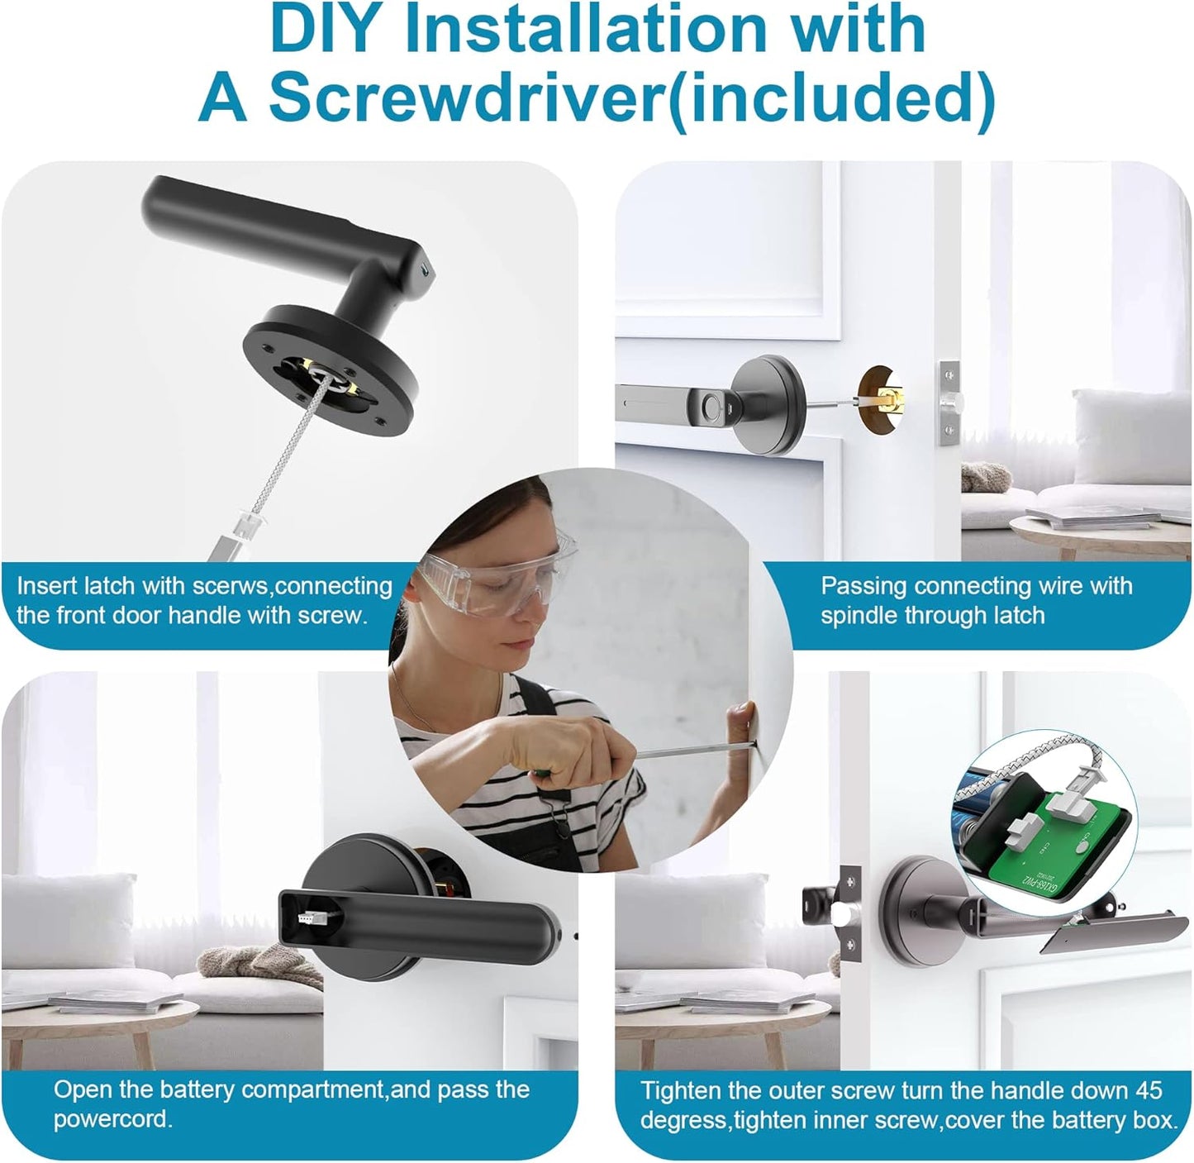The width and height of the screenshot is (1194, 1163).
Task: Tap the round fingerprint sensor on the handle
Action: (x=711, y=406)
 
